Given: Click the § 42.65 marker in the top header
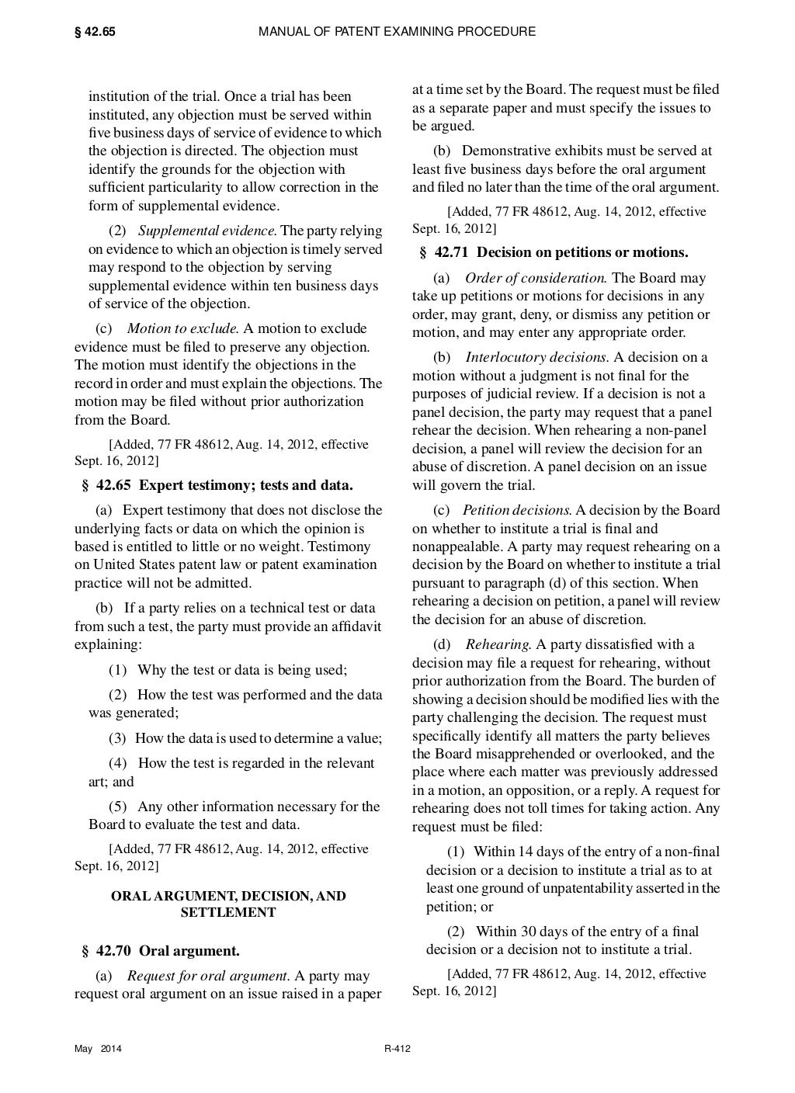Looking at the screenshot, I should pyautogui.click(x=95, y=32).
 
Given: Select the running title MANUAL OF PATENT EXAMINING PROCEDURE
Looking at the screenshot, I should pyautogui.click(x=397, y=32).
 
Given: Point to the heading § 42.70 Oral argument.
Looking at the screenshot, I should pyautogui.click(x=160, y=951).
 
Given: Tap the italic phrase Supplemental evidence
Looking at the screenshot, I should pyautogui.click(x=207, y=231).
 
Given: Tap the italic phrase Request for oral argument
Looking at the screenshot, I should pyautogui.click(x=208, y=976).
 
